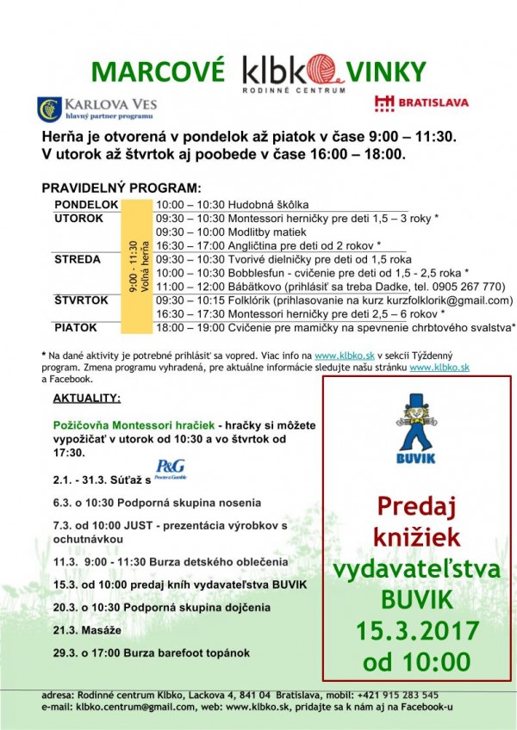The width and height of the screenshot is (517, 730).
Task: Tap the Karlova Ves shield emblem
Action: [x=49, y=108]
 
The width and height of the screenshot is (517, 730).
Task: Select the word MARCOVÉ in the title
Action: [x=159, y=70]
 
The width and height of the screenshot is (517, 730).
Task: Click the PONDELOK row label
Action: [x=86, y=204]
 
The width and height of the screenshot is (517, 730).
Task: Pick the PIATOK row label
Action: [x=76, y=328]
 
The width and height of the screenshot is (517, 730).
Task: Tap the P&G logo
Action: [x=171, y=470]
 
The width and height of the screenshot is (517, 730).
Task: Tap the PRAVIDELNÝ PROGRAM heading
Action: [x=121, y=188]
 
